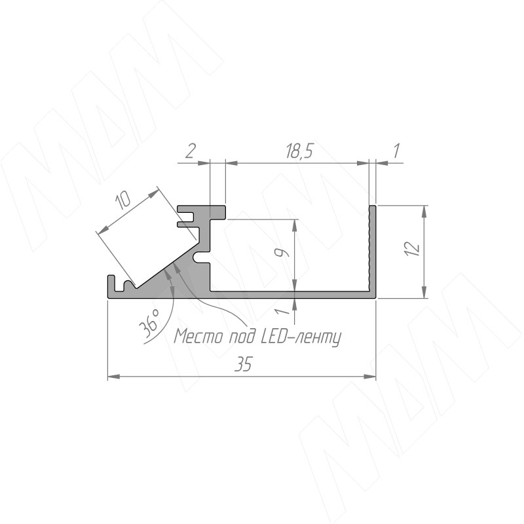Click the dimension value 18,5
(299, 151)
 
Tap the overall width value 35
(243, 364)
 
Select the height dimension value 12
(413, 249)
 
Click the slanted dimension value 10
(122, 201)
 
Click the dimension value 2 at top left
(190, 152)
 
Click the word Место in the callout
(198, 336)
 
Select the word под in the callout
(240, 337)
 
